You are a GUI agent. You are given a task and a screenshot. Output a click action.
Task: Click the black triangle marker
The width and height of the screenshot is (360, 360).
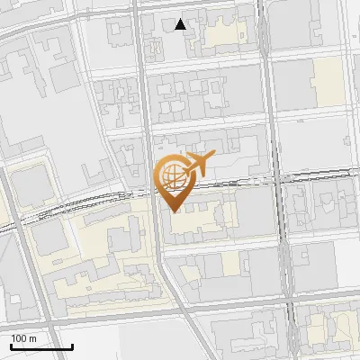tap(181, 23)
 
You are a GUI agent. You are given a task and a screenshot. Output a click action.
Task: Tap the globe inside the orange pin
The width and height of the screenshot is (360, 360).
tap(171, 176)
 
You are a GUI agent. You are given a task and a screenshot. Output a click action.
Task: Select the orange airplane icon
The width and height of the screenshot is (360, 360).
tap(199, 163)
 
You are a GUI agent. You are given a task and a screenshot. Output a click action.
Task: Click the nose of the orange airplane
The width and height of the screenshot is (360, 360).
tap(213, 157)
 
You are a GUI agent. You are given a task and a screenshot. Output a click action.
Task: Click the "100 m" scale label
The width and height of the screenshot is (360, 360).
tap(23, 337)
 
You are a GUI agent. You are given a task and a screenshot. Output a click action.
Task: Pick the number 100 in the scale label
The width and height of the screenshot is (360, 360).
tap(19, 337)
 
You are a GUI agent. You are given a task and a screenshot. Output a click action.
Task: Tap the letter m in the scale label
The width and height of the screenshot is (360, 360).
tap(32, 337)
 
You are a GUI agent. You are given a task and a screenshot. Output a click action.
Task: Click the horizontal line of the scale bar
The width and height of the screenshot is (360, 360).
tap(40, 346)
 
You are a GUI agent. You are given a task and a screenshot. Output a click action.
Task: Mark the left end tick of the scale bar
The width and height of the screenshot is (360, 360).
tap(11, 345)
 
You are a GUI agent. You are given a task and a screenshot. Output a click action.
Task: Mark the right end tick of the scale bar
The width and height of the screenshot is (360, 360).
tap(71, 345)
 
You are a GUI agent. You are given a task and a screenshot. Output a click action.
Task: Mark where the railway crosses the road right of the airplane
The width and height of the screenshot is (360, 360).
tap(274, 180)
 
